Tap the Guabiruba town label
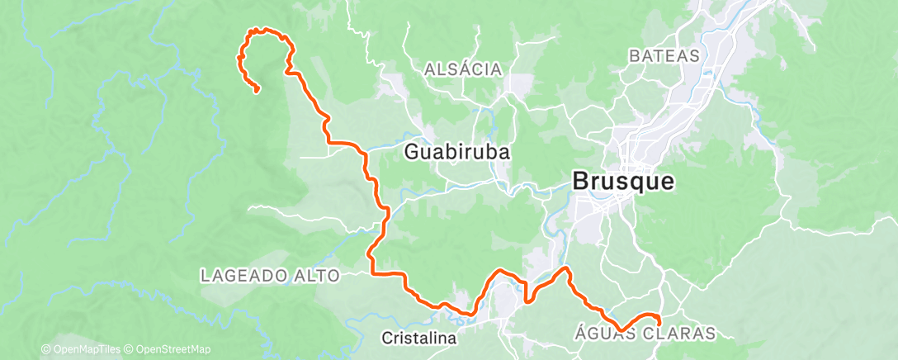tap(456, 153)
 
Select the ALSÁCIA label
tap(462, 70)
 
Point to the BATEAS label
tap(664, 56)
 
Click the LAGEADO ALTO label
tap(270, 276)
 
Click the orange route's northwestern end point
tap(258, 90)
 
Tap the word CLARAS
tap(682, 334)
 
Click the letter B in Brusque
tap(580, 182)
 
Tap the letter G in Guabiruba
tap(413, 153)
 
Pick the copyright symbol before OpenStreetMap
tap(130, 350)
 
